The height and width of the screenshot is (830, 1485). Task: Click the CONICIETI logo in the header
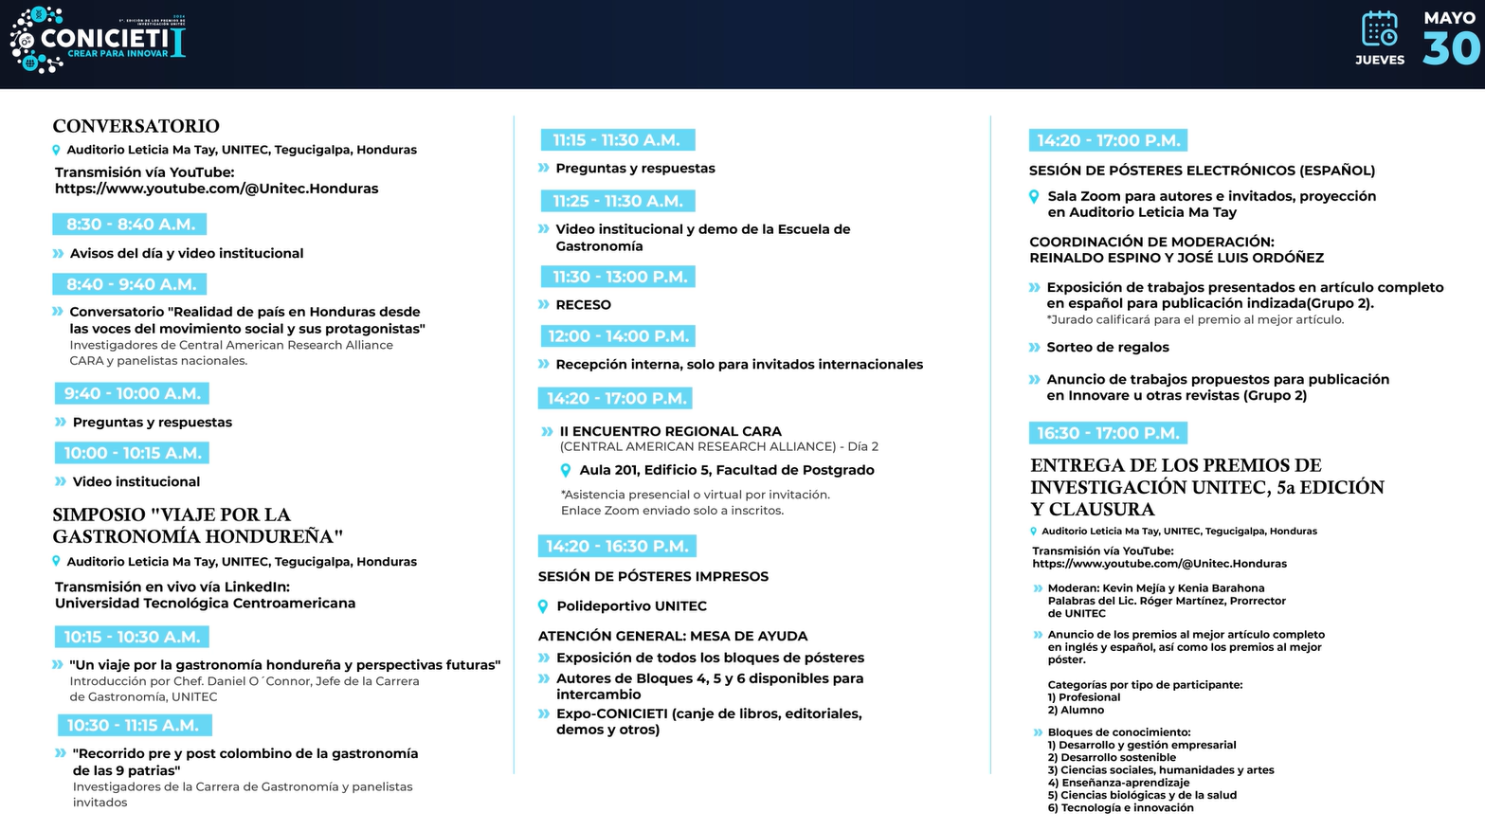pos(98,40)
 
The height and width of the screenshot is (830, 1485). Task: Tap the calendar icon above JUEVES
pos(1379,29)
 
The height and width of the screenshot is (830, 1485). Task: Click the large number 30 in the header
pos(1450,49)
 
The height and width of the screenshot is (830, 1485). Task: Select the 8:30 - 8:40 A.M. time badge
pos(130,225)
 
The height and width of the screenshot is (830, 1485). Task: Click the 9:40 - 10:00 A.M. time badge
pos(132,393)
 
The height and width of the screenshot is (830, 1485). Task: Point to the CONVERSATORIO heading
pos(136,126)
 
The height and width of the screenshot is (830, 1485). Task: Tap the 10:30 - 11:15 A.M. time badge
pos(134,725)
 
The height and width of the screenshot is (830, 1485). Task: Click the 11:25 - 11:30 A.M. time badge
pos(618,201)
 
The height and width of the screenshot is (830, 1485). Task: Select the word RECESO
pos(583,305)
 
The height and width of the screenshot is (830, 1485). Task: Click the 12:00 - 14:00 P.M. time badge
pos(618,336)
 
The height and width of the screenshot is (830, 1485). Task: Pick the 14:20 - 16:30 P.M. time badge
pos(617,547)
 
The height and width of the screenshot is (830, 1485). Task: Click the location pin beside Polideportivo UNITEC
pos(543,606)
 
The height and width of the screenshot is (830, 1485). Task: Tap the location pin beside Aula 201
pos(566,471)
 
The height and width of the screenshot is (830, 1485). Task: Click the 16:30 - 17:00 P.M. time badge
pos(1108,433)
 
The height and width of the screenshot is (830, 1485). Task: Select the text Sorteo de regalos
pos(1107,348)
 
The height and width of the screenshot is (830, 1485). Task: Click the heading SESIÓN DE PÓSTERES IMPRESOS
pos(653,576)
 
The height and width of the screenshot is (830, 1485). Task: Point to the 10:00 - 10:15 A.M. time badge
pos(132,453)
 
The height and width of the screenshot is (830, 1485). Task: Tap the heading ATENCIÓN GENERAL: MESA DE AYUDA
pos(673,636)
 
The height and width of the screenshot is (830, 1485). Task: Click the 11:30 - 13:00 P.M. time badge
pos(618,277)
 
